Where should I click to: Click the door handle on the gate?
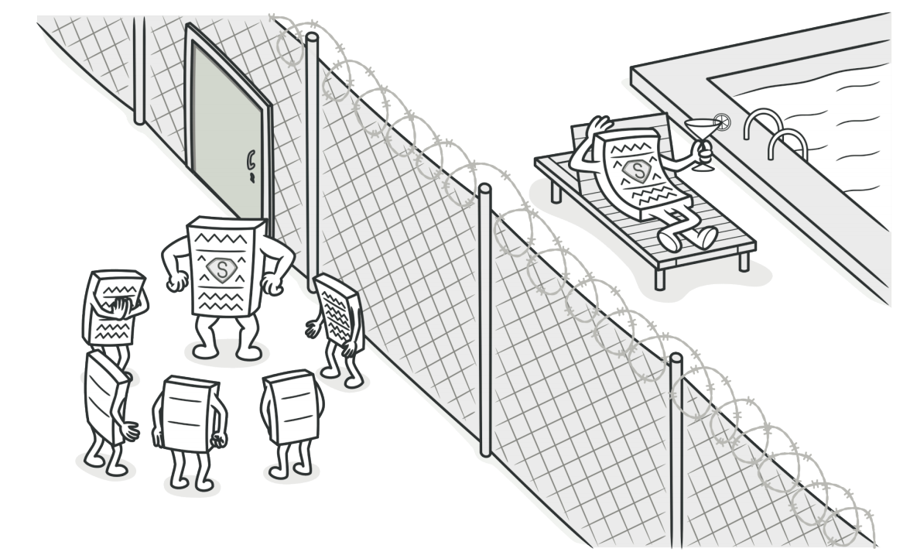point(251,163)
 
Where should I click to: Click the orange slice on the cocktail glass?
point(723,121)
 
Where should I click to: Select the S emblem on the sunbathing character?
point(638,171)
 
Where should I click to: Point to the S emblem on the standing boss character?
point(221,270)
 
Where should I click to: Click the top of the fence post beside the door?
point(313,38)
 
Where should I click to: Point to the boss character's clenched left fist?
point(272,283)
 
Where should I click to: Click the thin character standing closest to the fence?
point(337,328)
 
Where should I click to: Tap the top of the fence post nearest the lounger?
point(484,189)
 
